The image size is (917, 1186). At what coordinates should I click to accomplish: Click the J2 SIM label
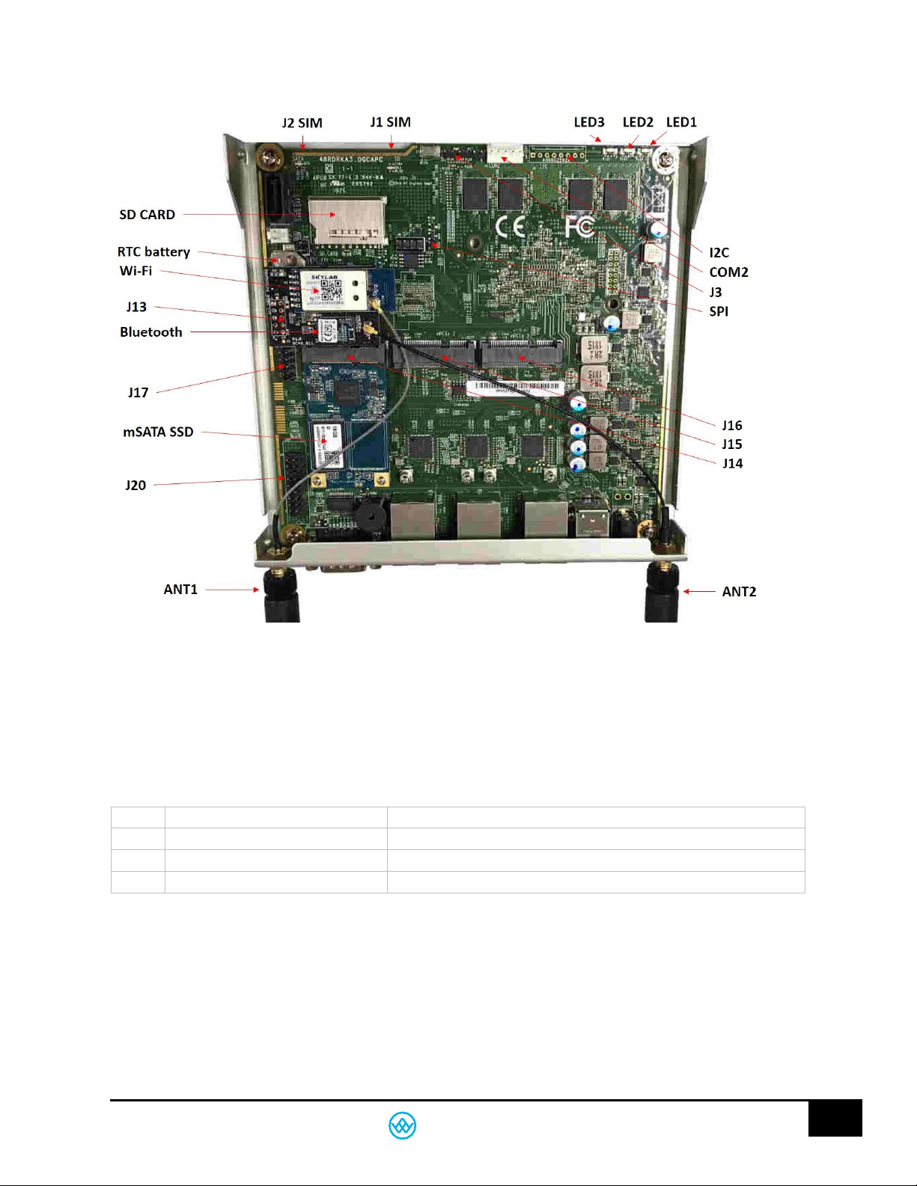coord(302,123)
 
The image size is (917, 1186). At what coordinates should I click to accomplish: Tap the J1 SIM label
coord(390,123)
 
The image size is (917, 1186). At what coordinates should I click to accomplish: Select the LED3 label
coord(588,123)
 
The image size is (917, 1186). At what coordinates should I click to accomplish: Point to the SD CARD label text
coord(147,215)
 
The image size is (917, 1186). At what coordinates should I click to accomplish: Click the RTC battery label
coord(153,252)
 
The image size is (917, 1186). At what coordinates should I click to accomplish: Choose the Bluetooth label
coord(150,332)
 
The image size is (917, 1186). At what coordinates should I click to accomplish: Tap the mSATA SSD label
coord(158,432)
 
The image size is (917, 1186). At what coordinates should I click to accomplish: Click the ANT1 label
coord(180,590)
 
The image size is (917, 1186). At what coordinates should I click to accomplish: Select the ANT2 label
coord(739,592)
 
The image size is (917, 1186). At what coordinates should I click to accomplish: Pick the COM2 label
coord(728,272)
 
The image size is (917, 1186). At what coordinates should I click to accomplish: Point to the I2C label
coord(719,253)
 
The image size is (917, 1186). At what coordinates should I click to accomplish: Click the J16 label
coord(731,426)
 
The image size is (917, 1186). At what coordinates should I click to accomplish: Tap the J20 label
coord(135,486)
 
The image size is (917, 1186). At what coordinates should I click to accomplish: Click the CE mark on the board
coord(510,226)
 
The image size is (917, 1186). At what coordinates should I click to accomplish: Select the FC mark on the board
coord(579,225)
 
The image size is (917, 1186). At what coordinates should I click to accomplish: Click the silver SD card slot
coord(348,220)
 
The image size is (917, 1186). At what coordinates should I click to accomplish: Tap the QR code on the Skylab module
coord(331,291)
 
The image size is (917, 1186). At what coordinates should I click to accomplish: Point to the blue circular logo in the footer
coord(402,1125)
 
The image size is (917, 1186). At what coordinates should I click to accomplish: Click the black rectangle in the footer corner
coord(835,1118)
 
